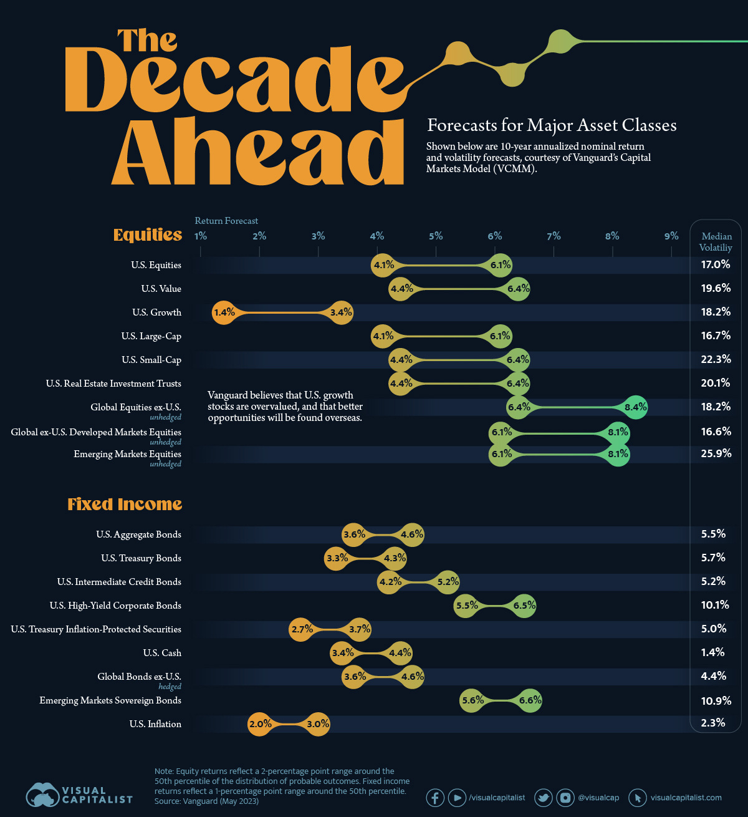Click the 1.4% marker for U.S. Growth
point(223,312)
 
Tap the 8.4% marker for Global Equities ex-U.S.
point(636,407)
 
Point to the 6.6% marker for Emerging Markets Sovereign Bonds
point(530,700)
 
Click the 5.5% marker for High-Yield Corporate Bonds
point(466,606)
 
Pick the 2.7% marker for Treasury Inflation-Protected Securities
point(302,629)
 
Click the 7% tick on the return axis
point(554,236)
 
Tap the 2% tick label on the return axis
point(259,236)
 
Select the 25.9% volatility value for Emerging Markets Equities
point(716,453)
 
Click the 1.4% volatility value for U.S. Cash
point(712,652)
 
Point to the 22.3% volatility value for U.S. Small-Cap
point(716,359)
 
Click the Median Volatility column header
point(716,242)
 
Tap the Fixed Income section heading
point(125,504)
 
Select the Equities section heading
point(148,234)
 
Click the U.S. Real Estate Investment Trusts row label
point(113,384)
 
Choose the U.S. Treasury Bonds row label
point(141,558)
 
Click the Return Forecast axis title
point(226,221)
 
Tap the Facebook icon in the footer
point(435,798)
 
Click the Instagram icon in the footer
point(565,798)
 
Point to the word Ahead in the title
point(258,152)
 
